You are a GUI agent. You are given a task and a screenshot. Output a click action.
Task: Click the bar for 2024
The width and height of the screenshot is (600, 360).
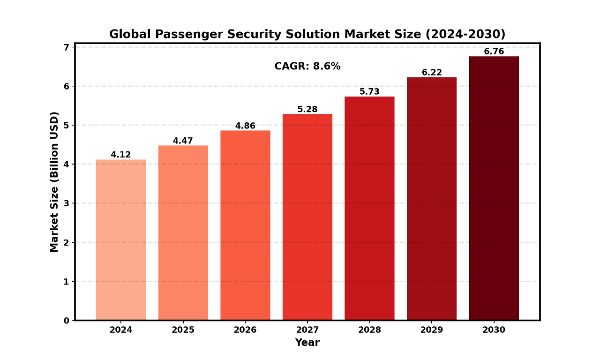[x=121, y=240]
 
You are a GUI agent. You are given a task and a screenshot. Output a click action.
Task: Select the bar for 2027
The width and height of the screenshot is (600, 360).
[x=307, y=217]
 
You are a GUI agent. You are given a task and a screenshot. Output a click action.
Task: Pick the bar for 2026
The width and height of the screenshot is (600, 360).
[x=245, y=225]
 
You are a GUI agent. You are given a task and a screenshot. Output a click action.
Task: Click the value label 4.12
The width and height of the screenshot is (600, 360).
[x=121, y=155]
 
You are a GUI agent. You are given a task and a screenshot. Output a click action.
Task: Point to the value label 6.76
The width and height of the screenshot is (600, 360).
[x=494, y=52]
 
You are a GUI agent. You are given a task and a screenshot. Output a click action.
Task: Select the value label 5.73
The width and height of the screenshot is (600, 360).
[x=369, y=92]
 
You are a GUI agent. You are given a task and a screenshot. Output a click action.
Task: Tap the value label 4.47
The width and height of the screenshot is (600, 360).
[x=183, y=141]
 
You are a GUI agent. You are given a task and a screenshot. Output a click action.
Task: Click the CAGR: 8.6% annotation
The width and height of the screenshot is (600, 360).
[x=307, y=67]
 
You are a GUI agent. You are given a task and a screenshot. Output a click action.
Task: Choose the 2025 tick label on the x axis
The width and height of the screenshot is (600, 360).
[x=183, y=330]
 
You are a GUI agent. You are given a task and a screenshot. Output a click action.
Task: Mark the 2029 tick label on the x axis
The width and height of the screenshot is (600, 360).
[x=432, y=330]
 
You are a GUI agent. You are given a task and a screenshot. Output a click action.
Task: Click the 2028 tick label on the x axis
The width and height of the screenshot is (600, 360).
[x=369, y=330]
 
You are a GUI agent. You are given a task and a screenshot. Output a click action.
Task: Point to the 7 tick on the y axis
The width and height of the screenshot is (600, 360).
[x=66, y=47]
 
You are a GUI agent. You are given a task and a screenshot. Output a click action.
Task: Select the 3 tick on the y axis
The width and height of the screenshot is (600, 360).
[x=66, y=203]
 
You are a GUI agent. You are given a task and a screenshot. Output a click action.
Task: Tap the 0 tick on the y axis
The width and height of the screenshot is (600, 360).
[x=66, y=321]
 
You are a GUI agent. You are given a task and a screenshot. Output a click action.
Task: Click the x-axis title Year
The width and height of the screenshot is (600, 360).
[x=307, y=343]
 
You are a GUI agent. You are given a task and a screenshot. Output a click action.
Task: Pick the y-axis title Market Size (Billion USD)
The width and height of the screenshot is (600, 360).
[x=54, y=182]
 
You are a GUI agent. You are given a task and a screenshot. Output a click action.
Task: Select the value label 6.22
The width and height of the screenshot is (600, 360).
[x=432, y=73]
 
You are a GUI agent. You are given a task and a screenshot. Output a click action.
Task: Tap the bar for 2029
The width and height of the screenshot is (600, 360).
[x=432, y=199]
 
